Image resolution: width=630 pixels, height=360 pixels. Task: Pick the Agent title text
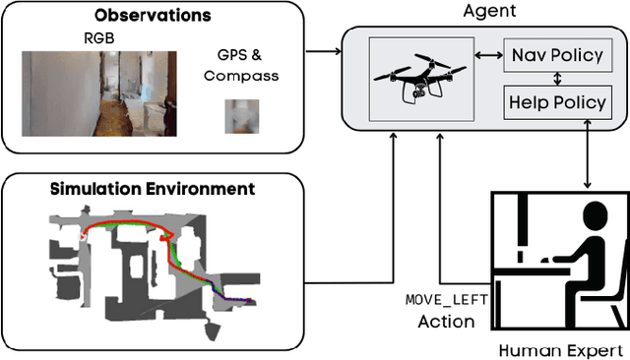pos(489,11)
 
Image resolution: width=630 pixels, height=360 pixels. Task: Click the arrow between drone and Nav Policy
pos(487,56)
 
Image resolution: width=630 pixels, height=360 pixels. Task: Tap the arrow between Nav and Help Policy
pos(555,78)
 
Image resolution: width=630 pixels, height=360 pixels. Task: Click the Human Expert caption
pos(561,349)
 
